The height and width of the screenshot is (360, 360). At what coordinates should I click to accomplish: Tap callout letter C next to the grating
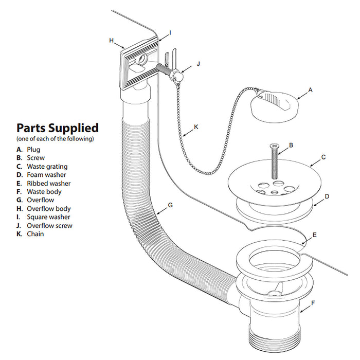pyautogui.click(x=323, y=157)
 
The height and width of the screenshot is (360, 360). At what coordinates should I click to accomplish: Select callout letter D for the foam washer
pyautogui.click(x=327, y=196)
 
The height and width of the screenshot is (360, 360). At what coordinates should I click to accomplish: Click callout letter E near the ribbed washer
pyautogui.click(x=314, y=235)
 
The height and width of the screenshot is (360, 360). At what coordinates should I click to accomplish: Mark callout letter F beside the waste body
pyautogui.click(x=312, y=303)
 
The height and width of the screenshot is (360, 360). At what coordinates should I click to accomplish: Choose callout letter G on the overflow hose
pyautogui.click(x=170, y=205)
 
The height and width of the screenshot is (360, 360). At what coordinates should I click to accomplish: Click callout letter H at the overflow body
pyautogui.click(x=111, y=40)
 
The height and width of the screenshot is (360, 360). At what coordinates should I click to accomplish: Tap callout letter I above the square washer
pyautogui.click(x=170, y=32)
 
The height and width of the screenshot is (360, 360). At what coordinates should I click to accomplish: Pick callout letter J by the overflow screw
pyautogui.click(x=198, y=65)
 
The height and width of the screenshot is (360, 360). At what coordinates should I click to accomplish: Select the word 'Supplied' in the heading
pyautogui.click(x=76, y=128)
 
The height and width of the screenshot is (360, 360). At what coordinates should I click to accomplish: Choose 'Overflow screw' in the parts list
pyautogui.click(x=49, y=225)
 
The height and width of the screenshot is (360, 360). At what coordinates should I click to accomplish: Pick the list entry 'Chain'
pyautogui.click(x=35, y=234)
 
